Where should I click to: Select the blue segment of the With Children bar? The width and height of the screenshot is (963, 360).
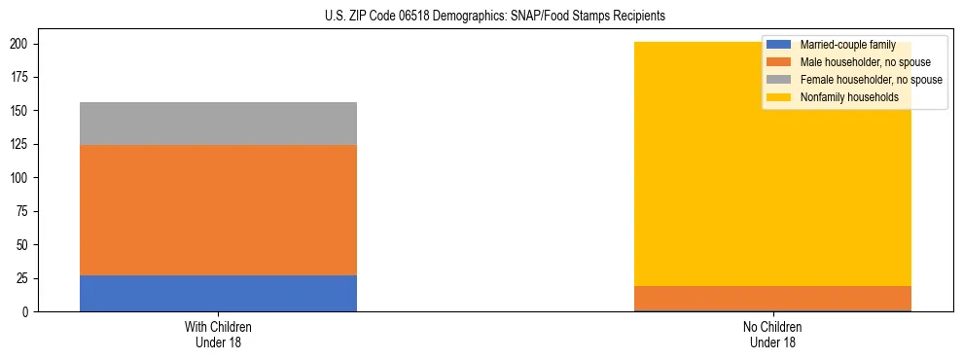[x=218, y=293]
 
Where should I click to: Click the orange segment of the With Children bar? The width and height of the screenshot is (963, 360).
[x=218, y=210]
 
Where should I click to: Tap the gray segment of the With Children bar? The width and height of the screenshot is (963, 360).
[x=218, y=124]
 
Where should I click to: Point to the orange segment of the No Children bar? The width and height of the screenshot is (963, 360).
[x=772, y=299]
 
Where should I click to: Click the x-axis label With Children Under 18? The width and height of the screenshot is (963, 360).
[x=218, y=335]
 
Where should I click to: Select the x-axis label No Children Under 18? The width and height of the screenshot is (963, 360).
[x=772, y=335]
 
